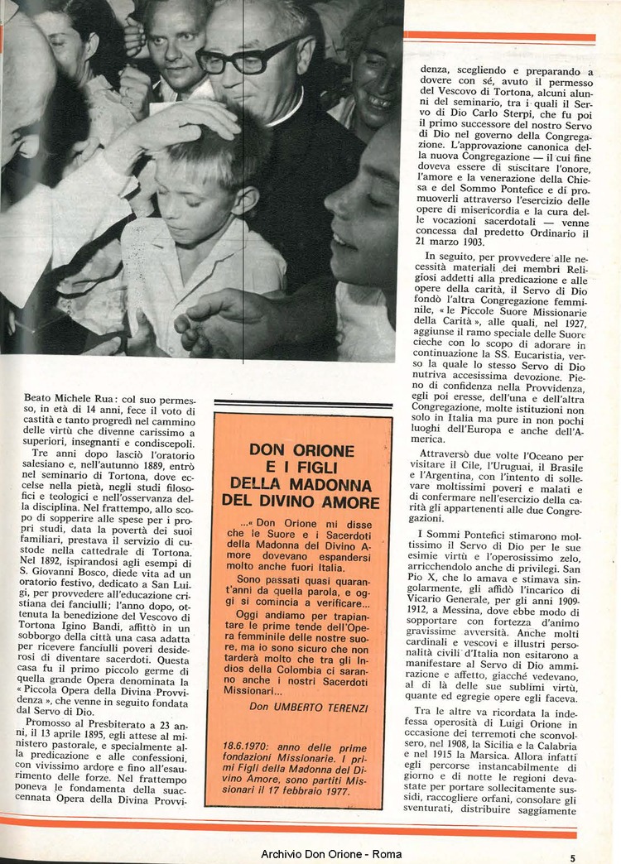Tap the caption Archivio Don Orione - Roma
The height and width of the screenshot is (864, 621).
331,854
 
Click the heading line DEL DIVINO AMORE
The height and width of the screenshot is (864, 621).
301,501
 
